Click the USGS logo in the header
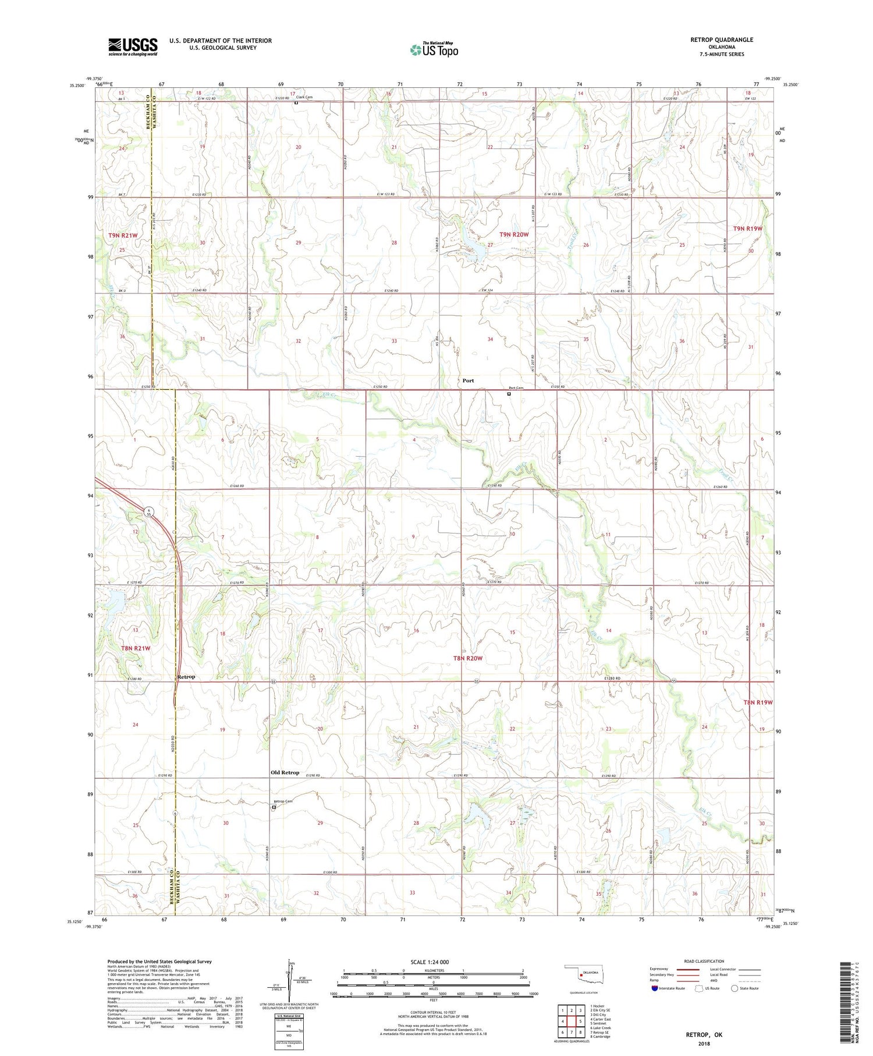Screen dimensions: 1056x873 tap(133, 46)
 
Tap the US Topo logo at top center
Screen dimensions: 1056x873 tap(434, 50)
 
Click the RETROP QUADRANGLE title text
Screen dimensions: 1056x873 tap(721, 40)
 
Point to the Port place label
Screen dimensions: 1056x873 tap(468, 380)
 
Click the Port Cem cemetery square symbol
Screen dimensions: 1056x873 tap(509, 394)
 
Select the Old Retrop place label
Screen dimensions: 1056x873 tap(285, 772)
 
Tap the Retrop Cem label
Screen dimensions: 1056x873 tap(285, 801)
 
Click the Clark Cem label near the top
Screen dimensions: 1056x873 tap(304, 97)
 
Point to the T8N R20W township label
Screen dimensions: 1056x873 tap(468, 658)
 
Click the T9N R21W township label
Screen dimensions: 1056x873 tap(123, 235)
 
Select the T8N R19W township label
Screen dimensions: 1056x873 tap(758, 702)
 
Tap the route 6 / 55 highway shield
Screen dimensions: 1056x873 tap(150, 513)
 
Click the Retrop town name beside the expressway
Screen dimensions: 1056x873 tap(186, 677)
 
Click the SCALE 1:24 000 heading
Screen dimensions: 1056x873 tap(430, 962)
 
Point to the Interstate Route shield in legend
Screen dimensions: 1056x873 tap(655, 988)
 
